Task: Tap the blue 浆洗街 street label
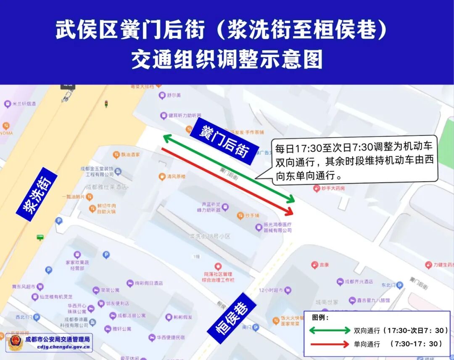pyautogui.click(x=37, y=194)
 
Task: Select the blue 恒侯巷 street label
pyautogui.click(x=232, y=318)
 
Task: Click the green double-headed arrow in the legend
pyautogui.click(x=330, y=331)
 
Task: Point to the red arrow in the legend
pyautogui.click(x=330, y=344)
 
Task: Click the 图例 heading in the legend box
pyautogui.click(x=320, y=317)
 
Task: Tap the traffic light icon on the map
pyautogui.click(x=106, y=103)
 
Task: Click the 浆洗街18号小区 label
pyautogui.click(x=210, y=236)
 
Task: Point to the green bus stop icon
pyautogui.click(x=40, y=238)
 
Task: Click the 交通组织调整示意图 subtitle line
pyautogui.click(x=227, y=59)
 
